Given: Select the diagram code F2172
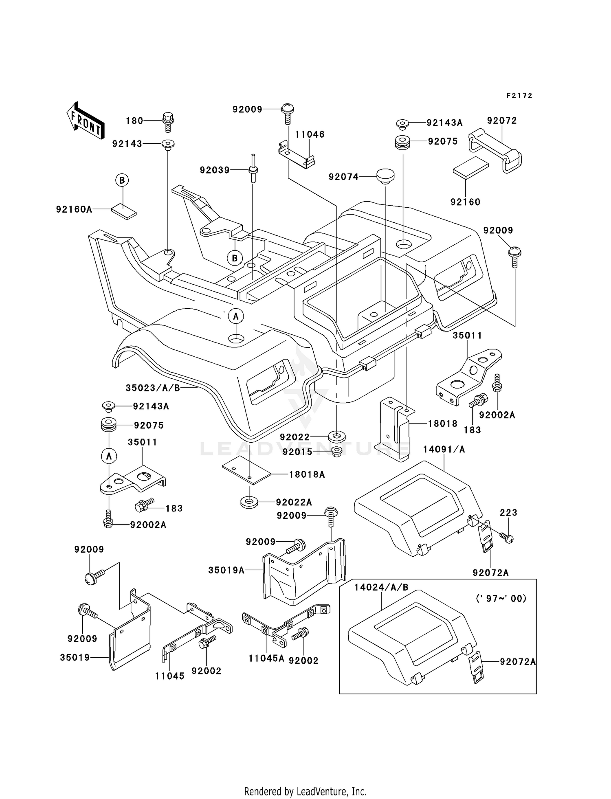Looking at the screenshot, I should [x=519, y=96].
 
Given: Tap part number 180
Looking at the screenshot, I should [x=134, y=121].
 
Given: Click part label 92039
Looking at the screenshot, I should [x=215, y=170].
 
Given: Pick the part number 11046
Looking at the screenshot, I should [x=310, y=134].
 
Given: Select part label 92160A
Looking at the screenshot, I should [x=74, y=209].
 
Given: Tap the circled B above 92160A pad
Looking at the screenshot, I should [x=122, y=180].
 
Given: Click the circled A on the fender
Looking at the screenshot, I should [x=236, y=316].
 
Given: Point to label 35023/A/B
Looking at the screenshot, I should [x=153, y=388].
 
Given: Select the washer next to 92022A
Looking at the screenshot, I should [x=250, y=502].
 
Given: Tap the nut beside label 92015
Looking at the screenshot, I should [x=336, y=452].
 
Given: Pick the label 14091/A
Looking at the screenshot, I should [x=444, y=449].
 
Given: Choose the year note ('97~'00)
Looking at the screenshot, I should [x=501, y=598].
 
